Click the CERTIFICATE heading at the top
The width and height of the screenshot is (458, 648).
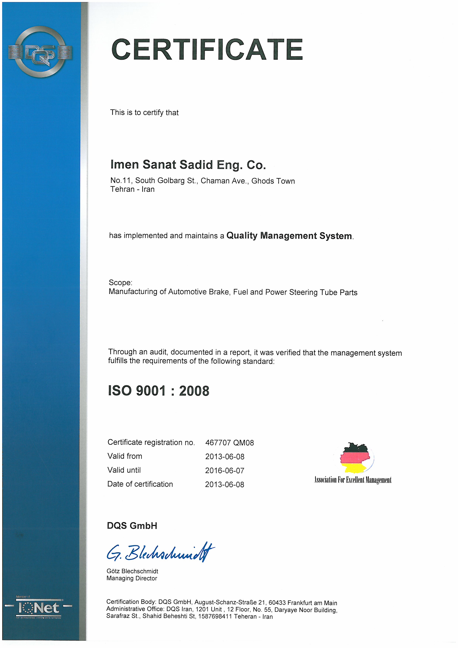click(207, 50)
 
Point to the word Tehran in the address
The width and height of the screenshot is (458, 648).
click(122, 189)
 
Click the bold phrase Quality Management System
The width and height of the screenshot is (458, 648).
click(289, 235)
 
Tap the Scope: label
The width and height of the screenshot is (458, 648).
click(120, 283)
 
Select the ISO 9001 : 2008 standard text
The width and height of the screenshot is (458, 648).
click(158, 391)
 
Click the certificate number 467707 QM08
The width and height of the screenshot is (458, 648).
click(230, 443)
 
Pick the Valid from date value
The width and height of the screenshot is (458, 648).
click(225, 457)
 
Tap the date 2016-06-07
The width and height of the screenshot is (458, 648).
click(225, 470)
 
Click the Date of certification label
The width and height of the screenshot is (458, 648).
click(140, 484)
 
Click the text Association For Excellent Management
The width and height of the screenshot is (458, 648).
click(353, 480)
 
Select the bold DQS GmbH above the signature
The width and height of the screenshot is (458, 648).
click(132, 526)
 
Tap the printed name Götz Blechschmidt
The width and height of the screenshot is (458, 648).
click(132, 571)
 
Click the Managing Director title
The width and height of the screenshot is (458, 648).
click(132, 578)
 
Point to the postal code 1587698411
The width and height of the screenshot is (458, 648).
click(215, 616)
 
